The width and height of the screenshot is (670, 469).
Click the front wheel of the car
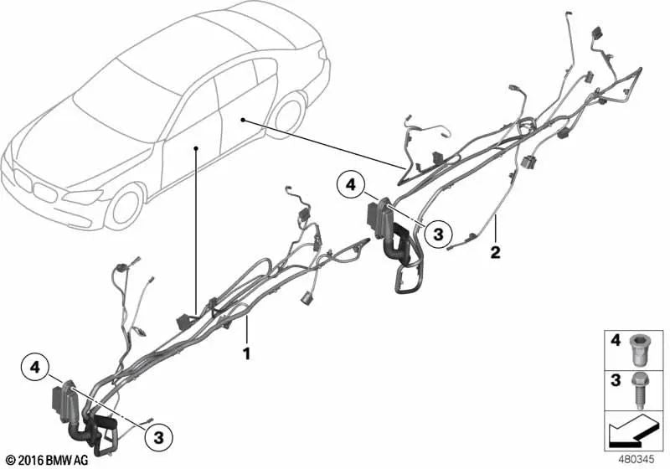pos(124,208)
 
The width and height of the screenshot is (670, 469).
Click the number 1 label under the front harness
pos(246,353)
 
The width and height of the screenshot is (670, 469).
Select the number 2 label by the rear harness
pos(495,252)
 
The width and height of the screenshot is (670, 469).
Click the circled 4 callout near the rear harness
pos(351,185)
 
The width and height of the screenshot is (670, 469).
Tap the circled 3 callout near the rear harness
pos(437,234)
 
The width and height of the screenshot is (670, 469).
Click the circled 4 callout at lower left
pos(35,367)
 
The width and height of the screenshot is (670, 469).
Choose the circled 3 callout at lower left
pos(159,437)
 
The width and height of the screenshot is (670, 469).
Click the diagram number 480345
pos(636,460)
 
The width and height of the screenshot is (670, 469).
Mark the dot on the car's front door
pos(196,147)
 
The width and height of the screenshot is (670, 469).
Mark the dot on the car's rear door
pos(243,121)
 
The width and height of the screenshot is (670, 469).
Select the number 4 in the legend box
pos(616,341)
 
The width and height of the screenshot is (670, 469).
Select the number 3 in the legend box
pos(616,380)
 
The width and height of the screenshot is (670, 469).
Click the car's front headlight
pos(82,197)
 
